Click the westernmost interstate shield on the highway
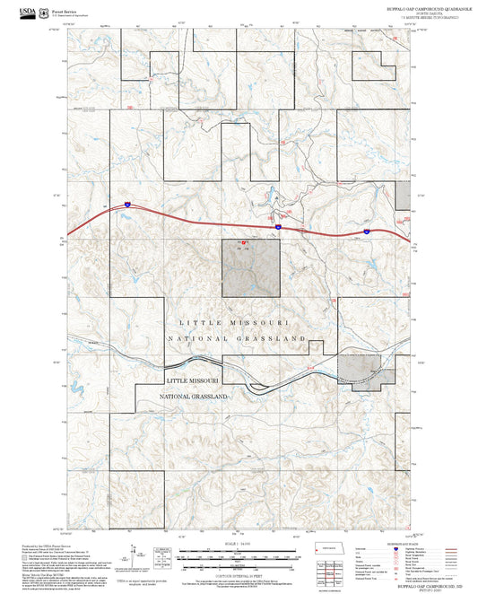click(x=127, y=205)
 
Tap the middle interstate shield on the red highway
click(x=278, y=227)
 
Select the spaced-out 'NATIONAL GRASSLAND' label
click(x=237, y=338)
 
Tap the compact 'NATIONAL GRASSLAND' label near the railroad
click(x=194, y=396)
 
